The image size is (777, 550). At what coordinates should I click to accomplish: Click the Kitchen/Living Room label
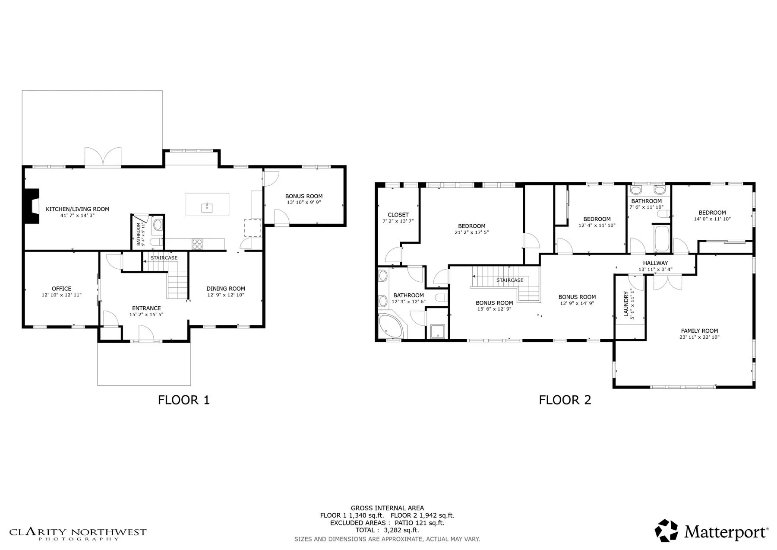click(x=78, y=209)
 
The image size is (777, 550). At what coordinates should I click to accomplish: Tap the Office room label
click(x=62, y=289)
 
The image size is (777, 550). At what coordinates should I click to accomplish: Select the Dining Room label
click(x=226, y=289)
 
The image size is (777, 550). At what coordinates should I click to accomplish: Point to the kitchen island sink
click(x=207, y=207)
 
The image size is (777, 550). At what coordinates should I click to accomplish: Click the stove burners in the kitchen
click(x=197, y=244)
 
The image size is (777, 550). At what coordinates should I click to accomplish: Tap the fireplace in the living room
click(x=32, y=206)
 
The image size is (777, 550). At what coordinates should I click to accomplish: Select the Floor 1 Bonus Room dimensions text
click(x=304, y=202)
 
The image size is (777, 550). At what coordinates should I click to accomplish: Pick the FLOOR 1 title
click(x=184, y=400)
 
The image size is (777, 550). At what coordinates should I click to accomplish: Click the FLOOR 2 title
click(x=565, y=400)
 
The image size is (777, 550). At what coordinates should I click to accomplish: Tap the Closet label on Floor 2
click(x=398, y=215)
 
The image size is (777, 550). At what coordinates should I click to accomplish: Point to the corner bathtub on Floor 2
click(x=391, y=327)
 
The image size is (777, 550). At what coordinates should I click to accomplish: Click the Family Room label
click(x=700, y=331)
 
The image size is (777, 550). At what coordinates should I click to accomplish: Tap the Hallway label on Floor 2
click(x=655, y=263)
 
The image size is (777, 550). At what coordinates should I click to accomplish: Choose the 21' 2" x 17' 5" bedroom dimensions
click(x=472, y=232)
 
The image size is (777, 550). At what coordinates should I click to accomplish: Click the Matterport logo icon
click(x=666, y=531)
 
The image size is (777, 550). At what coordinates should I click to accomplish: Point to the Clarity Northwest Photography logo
click(x=78, y=534)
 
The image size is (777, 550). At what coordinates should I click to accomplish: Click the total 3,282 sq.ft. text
click(x=387, y=530)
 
